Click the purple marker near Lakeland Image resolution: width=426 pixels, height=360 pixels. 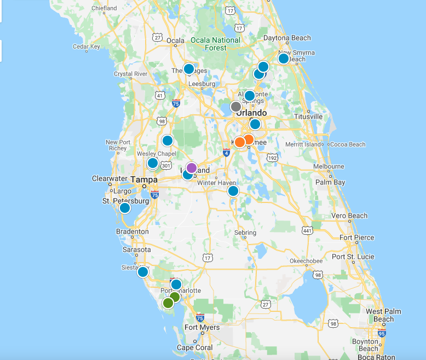click(x=191, y=167)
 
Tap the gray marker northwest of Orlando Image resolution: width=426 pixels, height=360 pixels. click(x=236, y=107)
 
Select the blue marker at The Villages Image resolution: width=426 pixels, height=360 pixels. click(x=189, y=69)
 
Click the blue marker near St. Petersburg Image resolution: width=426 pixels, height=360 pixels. click(x=125, y=208)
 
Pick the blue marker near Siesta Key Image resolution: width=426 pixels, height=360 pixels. click(x=143, y=272)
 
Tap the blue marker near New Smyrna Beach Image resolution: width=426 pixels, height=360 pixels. click(x=284, y=58)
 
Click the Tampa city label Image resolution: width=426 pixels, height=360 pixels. click(x=144, y=179)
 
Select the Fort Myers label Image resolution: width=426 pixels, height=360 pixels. click(x=202, y=327)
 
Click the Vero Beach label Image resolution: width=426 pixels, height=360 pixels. click(x=350, y=216)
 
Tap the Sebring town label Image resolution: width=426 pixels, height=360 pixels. click(x=245, y=233)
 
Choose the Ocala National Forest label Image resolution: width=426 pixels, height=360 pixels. click(x=215, y=44)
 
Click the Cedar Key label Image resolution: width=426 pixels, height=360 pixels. click(x=87, y=47)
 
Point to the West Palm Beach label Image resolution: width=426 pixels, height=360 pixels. click(x=383, y=315)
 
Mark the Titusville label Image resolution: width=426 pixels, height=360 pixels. click(x=308, y=117)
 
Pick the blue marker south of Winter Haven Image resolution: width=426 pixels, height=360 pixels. click(x=233, y=191)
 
